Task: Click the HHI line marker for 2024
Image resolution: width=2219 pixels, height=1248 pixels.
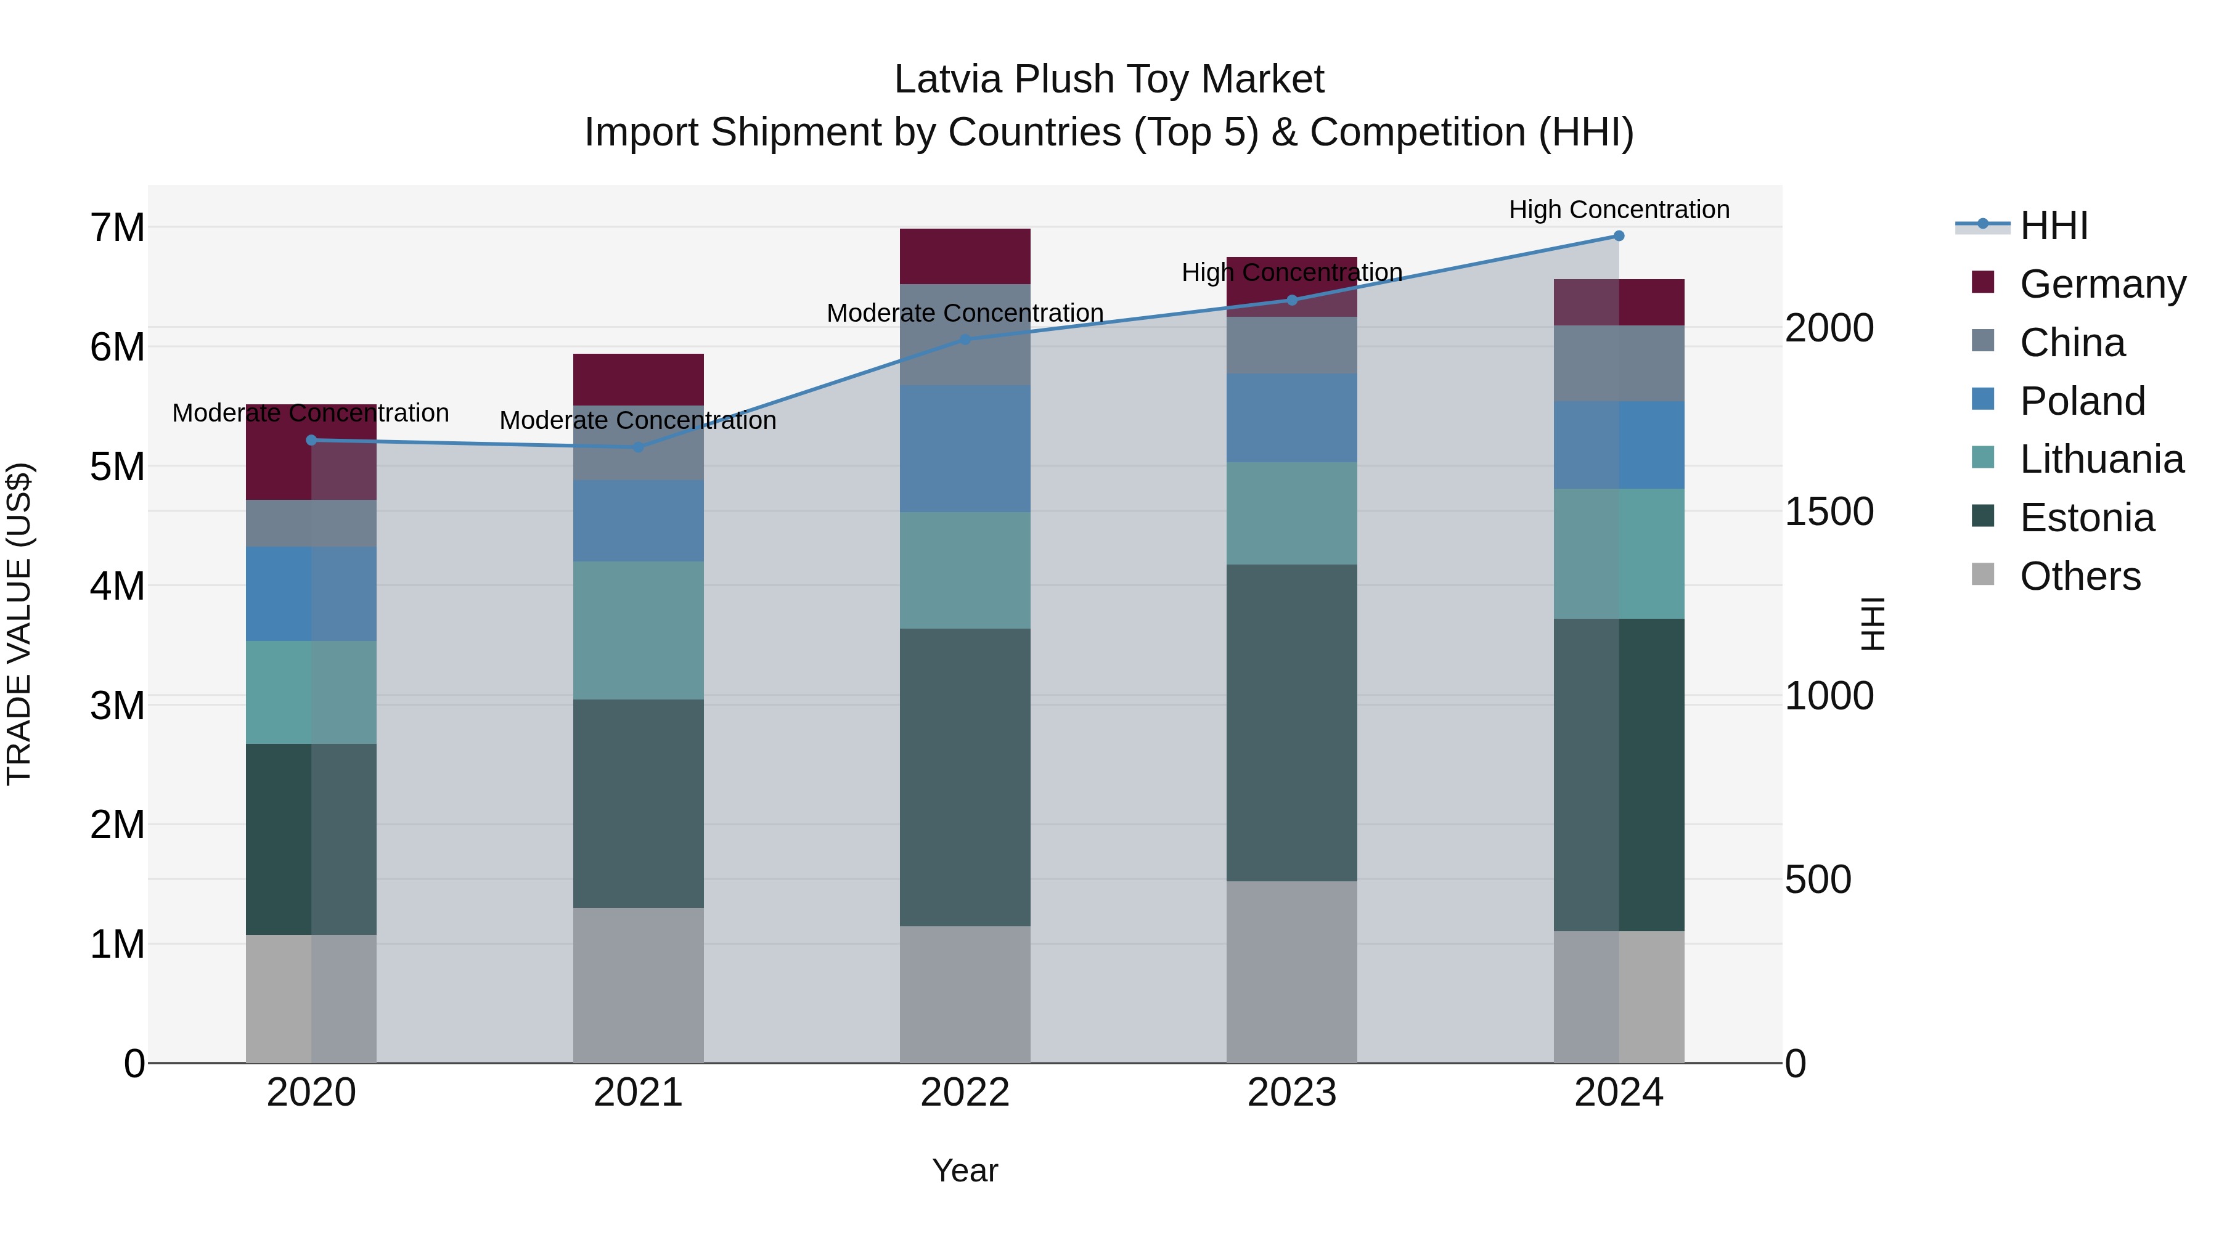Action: [x=1619, y=236]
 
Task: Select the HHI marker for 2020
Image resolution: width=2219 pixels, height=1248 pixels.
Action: [x=312, y=440]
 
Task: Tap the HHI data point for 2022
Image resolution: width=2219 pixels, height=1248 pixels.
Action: [x=965, y=340]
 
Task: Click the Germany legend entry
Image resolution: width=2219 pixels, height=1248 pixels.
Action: [x=2102, y=284]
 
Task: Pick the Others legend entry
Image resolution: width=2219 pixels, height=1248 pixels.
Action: [x=2080, y=576]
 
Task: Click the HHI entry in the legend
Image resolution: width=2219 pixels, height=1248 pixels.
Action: [x=2054, y=226]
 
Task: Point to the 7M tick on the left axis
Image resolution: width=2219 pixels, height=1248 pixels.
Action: [x=117, y=228]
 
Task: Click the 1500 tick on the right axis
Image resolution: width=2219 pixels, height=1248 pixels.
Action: [x=1829, y=512]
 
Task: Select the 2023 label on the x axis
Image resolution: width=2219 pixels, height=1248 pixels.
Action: [x=1291, y=1093]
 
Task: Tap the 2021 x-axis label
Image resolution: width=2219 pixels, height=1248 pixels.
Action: [x=639, y=1093]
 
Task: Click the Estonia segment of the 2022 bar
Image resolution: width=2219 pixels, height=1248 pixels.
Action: [x=965, y=777]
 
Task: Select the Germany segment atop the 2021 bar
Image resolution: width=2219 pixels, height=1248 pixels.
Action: [x=639, y=379]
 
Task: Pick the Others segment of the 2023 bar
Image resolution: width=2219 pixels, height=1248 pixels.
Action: [x=1291, y=971]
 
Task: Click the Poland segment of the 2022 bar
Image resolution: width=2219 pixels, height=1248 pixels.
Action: [x=965, y=449]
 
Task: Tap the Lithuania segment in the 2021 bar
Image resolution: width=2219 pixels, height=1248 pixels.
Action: [x=639, y=630]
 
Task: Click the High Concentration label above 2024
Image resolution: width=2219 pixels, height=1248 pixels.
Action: [x=1619, y=210]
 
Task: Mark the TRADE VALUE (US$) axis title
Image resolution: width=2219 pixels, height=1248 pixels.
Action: [x=19, y=624]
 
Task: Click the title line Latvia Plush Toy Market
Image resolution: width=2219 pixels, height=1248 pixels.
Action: [x=1109, y=80]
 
